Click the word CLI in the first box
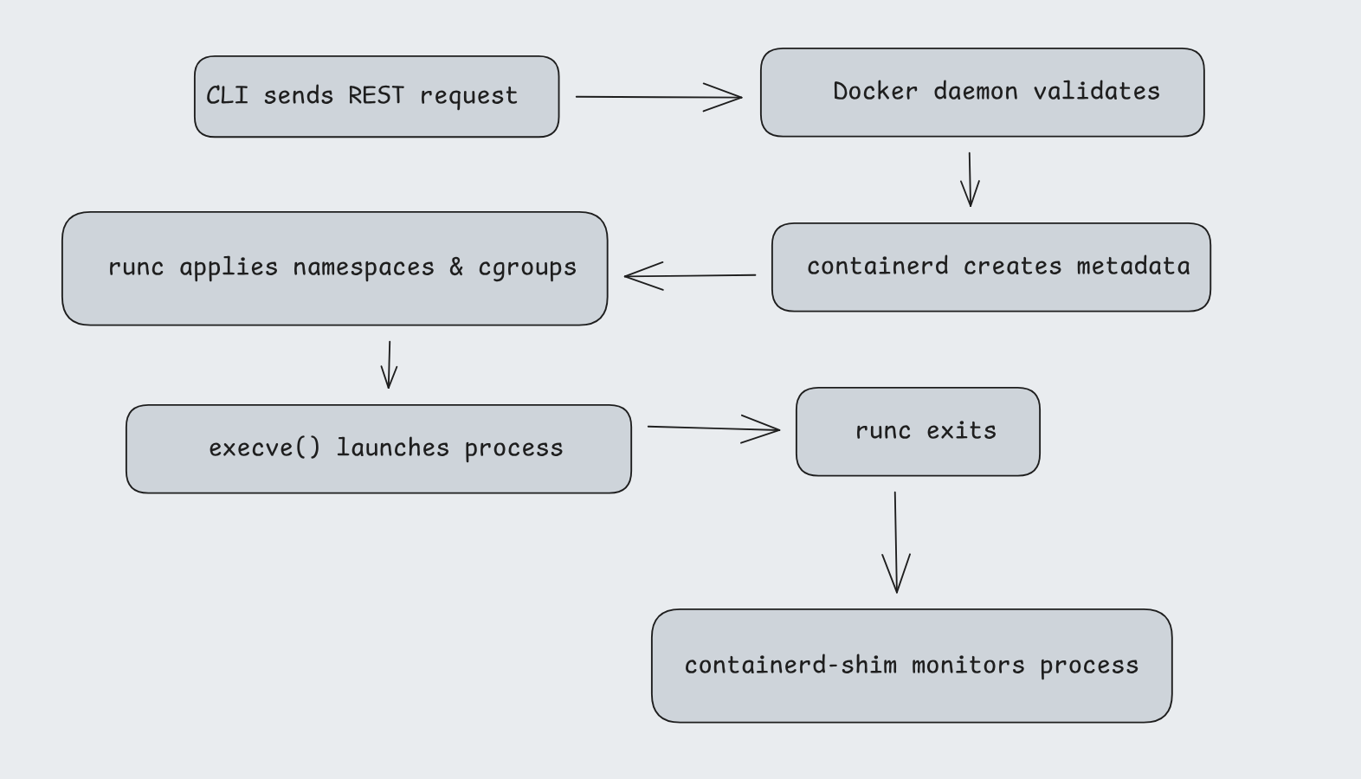[227, 95]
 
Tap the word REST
[376, 95]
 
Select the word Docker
[874, 91]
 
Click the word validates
[1096, 91]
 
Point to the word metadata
[1133, 266]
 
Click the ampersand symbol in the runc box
[456, 267]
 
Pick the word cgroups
[527, 267]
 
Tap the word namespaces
[364, 267]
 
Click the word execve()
[264, 447]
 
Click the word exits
[961, 430]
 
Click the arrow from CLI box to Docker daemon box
[658, 97]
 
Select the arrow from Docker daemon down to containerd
[970, 179]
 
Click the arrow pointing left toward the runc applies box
[689, 276]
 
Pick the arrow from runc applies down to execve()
[390, 364]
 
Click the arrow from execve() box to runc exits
[713, 428]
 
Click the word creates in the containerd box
[1012, 266]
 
